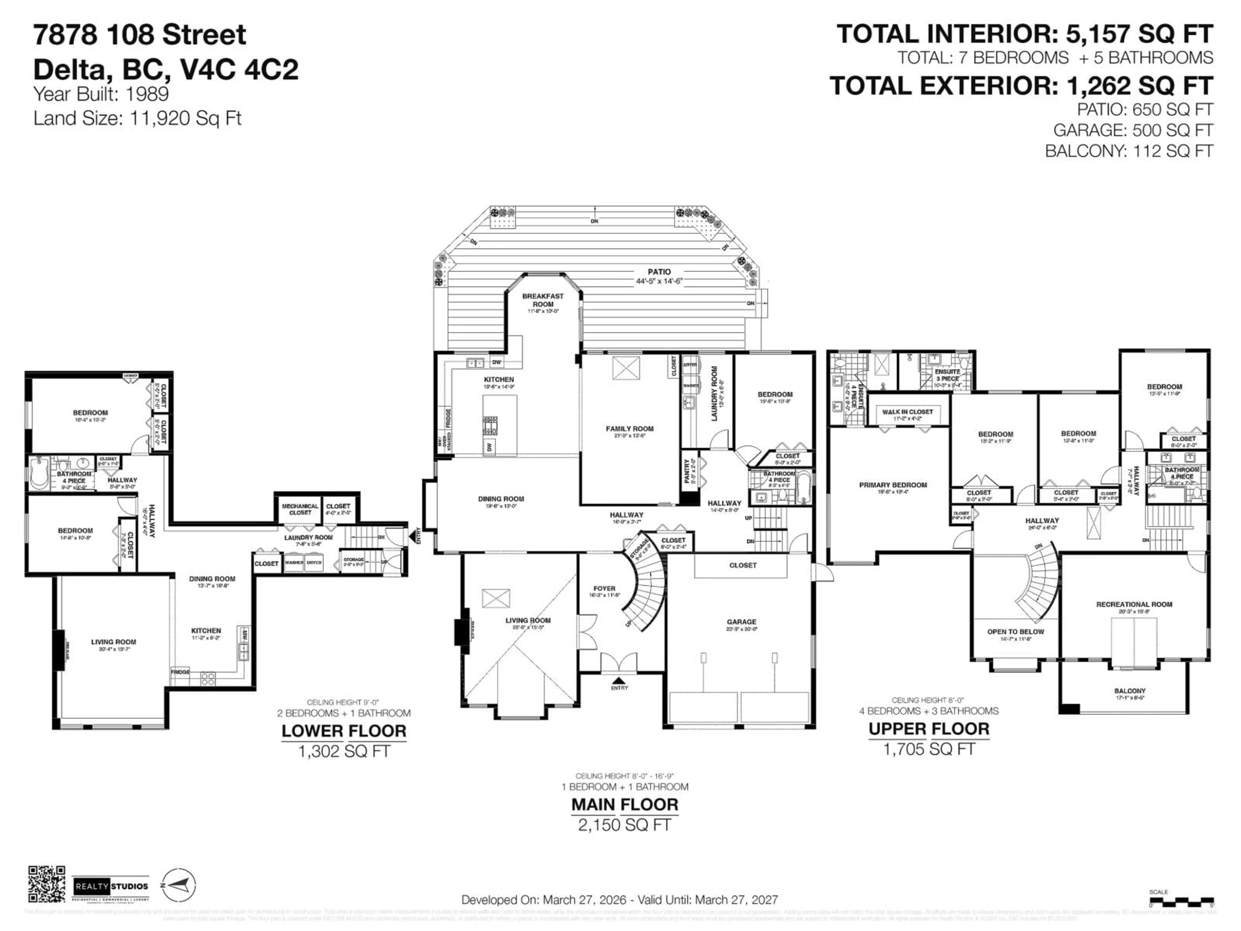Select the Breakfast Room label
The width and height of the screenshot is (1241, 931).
pos(543,300)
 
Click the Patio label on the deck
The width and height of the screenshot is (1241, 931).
pos(659,272)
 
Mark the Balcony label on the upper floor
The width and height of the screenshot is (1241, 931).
pos(1130,691)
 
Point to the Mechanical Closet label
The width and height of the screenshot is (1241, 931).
pos(300,509)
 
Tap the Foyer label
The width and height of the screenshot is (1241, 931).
pos(604,589)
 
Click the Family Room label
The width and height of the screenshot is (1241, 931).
pos(630,429)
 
